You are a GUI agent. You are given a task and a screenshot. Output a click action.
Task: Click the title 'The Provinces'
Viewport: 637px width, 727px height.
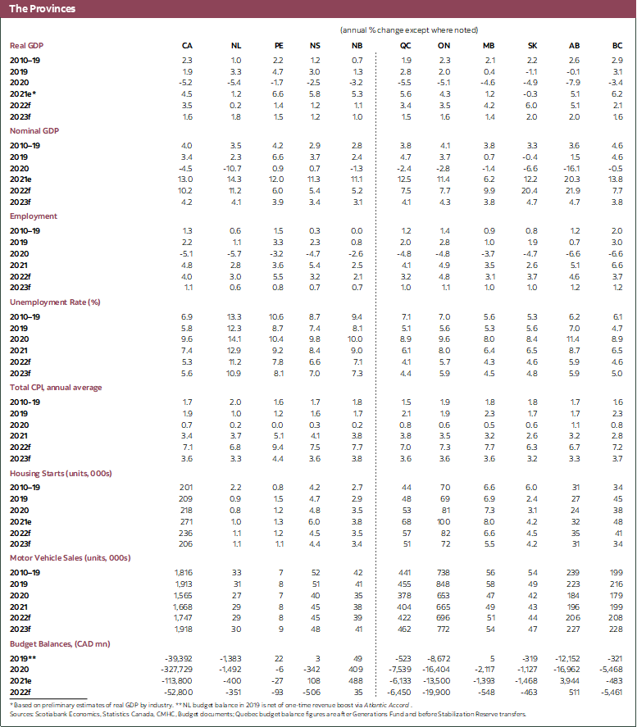pos(42,9)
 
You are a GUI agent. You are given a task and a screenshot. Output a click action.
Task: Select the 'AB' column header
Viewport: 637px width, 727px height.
pos(574,44)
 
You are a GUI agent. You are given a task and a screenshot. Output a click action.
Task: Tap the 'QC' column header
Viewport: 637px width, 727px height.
pos(406,44)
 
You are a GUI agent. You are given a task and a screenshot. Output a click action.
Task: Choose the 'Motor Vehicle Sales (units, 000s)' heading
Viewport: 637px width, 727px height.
pos(72,557)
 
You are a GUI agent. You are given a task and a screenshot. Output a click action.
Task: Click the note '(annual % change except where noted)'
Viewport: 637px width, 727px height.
pos(409,30)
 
